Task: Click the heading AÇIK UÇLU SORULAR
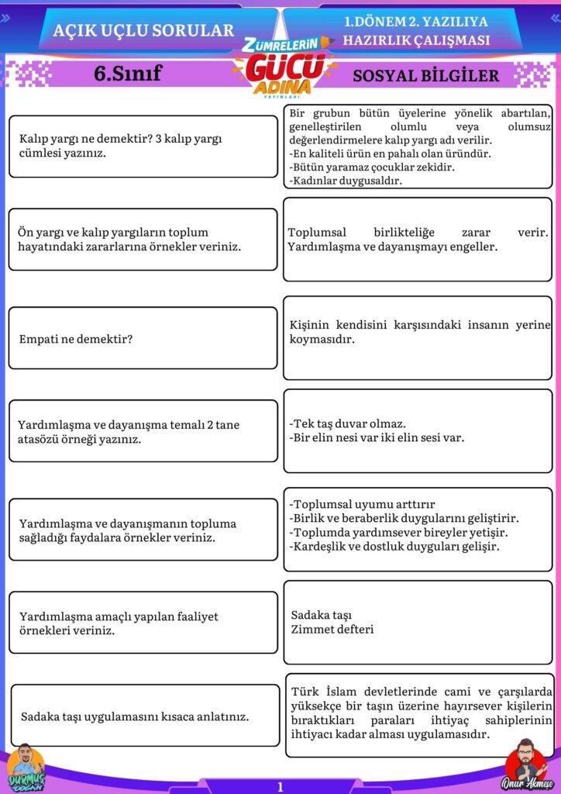point(143,31)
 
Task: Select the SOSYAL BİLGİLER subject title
point(425,76)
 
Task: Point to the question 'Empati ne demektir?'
point(76,339)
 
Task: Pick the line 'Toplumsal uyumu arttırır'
point(362,504)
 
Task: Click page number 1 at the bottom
point(280,786)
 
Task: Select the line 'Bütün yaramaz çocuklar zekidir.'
point(371,167)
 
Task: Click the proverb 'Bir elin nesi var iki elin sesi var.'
point(377,438)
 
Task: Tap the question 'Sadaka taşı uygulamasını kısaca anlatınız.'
point(135,716)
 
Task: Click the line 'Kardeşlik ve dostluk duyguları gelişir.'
point(394,547)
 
